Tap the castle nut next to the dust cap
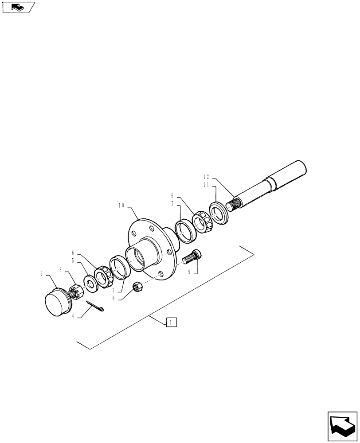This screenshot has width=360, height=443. click(x=74, y=292)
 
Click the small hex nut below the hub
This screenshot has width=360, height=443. click(x=138, y=287)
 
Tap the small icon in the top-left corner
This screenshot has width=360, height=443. click(x=18, y=7)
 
